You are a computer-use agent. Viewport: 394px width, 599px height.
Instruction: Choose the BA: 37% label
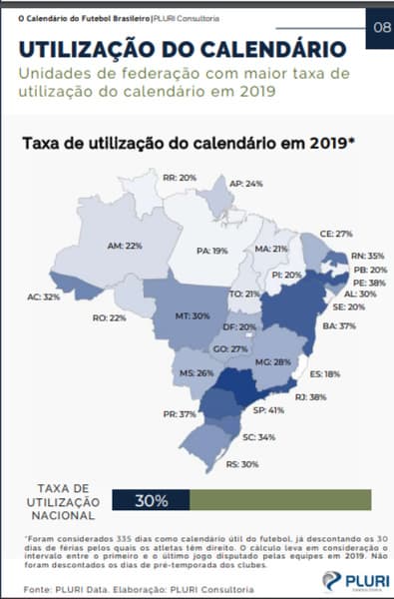347,325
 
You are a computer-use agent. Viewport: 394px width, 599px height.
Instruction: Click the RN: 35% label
353,256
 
